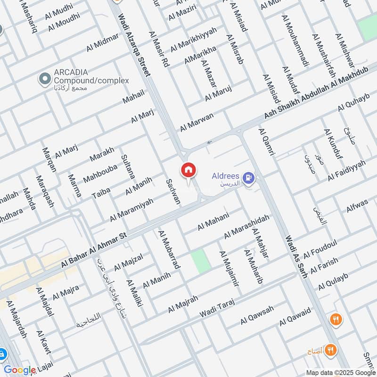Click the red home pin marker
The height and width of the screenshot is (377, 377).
[188, 170]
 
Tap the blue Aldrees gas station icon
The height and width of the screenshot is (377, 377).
[248, 178]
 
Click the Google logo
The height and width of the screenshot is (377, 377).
[20, 370]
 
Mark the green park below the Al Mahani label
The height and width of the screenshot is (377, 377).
[199, 261]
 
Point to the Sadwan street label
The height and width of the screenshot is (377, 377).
[173, 191]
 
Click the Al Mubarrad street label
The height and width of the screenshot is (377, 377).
[169, 250]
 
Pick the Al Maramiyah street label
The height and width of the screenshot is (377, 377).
[131, 209]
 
